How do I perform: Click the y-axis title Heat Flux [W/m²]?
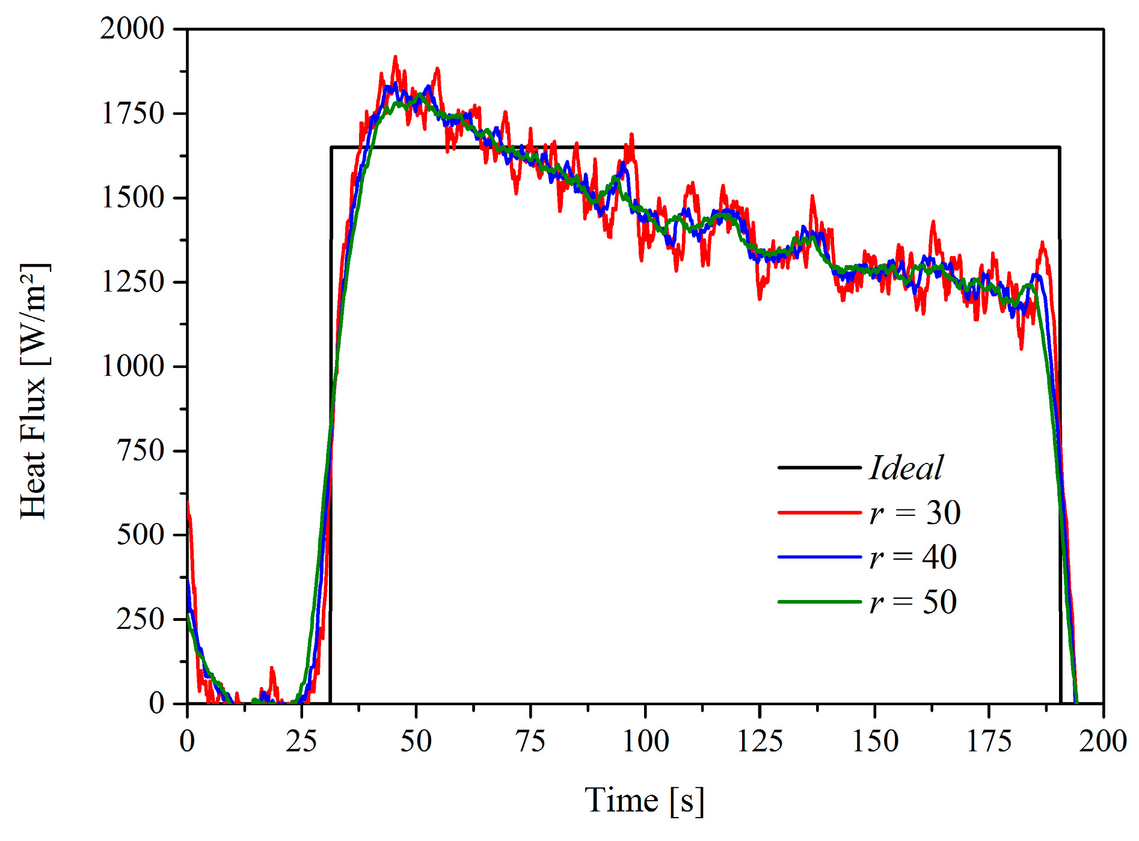34,391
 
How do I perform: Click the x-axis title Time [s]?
644,801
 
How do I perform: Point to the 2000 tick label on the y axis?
132,28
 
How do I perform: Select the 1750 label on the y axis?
132,113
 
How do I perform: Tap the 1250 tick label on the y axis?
132,282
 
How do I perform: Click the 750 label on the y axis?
140,450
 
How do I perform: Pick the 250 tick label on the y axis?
140,619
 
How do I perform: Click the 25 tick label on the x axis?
301,741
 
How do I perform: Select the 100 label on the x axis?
645,741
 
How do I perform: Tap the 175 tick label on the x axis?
989,741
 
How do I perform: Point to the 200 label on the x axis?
1102,741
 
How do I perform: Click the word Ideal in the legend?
906,468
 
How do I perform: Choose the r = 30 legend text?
915,513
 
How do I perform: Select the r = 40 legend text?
913,557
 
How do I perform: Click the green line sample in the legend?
820,602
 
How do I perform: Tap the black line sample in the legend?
820,468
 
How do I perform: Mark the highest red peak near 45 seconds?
395,57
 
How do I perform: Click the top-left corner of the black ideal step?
331,147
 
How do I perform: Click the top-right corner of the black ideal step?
1059,147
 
